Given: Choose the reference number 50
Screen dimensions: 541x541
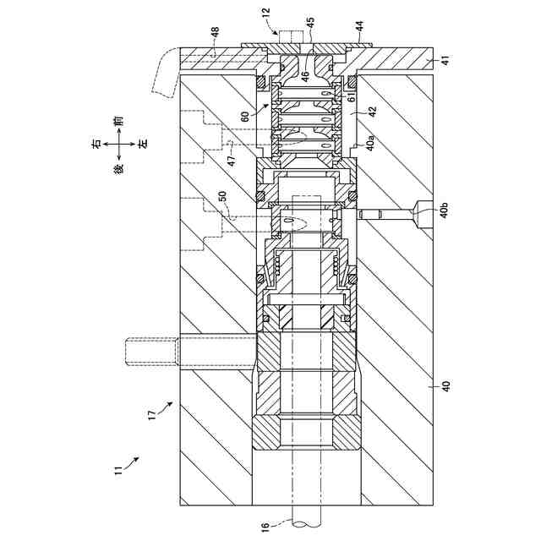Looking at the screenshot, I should (222, 195).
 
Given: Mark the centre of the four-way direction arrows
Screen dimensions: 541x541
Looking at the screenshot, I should (119, 156).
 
